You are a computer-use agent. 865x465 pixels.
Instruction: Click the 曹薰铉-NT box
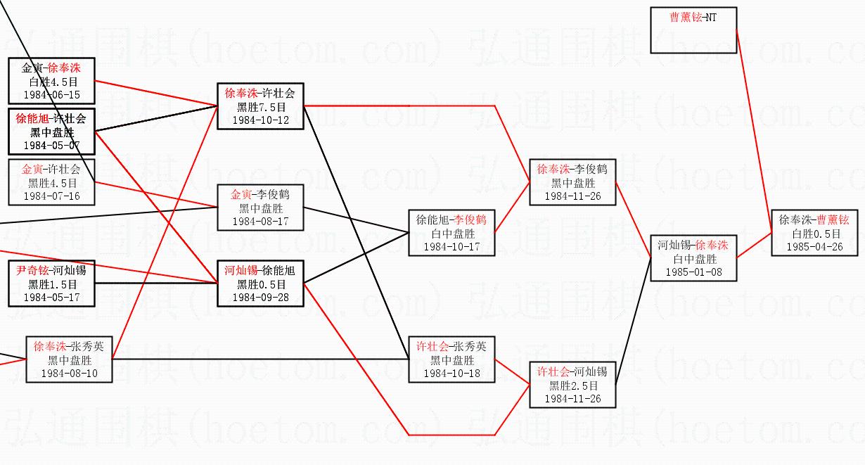(x=693, y=30)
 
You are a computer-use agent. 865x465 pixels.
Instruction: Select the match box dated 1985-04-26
(x=814, y=233)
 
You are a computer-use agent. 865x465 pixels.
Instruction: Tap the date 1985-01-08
(x=693, y=272)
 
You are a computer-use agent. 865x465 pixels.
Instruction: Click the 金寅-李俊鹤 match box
(x=260, y=208)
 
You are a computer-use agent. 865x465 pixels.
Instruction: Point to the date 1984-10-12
(x=260, y=120)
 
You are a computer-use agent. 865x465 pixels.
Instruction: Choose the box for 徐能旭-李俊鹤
(x=451, y=233)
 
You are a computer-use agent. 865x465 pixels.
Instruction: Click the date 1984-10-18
(x=451, y=373)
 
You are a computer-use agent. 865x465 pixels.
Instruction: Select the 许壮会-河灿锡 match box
(x=572, y=385)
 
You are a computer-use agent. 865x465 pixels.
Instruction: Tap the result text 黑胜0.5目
(x=260, y=284)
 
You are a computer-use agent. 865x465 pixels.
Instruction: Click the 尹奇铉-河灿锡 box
(x=51, y=284)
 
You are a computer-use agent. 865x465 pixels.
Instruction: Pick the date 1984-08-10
(x=69, y=373)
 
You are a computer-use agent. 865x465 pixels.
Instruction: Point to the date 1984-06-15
(x=51, y=94)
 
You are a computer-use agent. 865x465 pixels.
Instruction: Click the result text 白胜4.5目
(x=51, y=82)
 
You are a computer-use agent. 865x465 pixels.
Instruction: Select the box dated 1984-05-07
(x=51, y=132)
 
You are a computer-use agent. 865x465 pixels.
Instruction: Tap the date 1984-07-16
(x=51, y=196)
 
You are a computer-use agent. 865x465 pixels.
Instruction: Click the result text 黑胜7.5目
(x=260, y=107)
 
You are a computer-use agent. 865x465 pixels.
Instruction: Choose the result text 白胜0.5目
(x=814, y=234)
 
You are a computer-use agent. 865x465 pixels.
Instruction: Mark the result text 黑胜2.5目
(x=572, y=386)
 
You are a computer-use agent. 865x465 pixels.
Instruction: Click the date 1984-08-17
(x=260, y=221)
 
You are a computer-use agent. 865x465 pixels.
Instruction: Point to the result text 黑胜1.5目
(x=51, y=284)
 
